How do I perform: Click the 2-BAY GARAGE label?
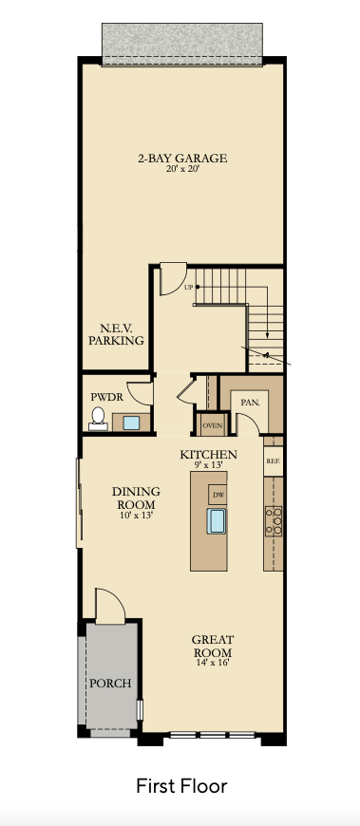182,158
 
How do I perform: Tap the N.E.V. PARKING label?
116,334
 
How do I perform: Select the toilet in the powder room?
98,419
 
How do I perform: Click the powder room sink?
131,422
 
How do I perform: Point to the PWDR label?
106,397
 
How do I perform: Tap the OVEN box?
213,425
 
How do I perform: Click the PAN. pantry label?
250,403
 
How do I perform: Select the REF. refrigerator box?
273,460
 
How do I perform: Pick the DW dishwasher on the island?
218,495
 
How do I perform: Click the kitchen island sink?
217,521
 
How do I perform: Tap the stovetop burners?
273,521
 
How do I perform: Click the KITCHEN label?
208,455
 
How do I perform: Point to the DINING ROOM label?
136,497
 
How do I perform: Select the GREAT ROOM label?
213,647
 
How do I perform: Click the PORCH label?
110,684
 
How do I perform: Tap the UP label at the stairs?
189,288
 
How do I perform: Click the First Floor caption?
181,786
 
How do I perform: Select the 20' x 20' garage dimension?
182,170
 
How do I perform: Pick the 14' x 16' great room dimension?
213,663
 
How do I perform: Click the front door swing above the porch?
110,605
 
